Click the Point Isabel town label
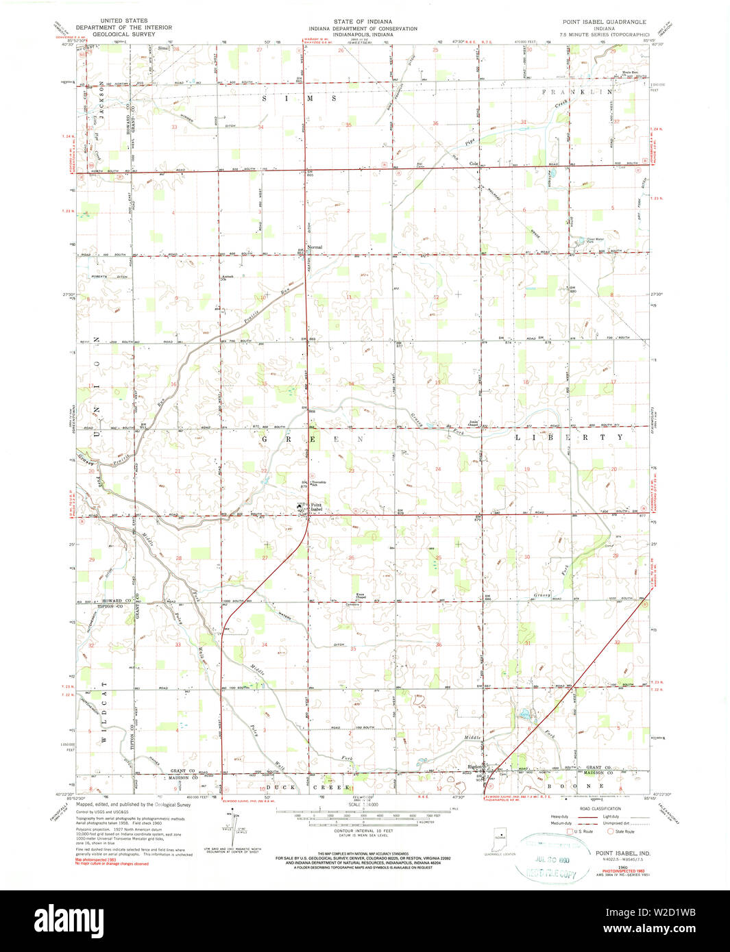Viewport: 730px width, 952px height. click(x=316, y=508)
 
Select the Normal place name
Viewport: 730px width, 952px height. click(x=315, y=247)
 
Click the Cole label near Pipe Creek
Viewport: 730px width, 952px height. click(x=473, y=164)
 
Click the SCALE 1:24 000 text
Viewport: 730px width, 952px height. click(x=363, y=823)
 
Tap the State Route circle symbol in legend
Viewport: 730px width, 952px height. click(x=611, y=831)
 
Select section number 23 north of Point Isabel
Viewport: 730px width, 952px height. click(x=351, y=471)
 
